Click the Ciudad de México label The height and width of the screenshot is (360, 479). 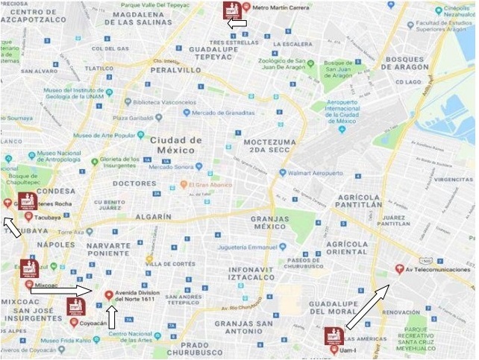click(x=176, y=145)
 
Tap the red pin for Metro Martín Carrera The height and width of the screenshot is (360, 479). click(x=246, y=8)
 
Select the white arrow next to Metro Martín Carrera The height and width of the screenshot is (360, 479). click(x=237, y=25)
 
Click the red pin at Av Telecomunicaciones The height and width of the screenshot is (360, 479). click(x=398, y=269)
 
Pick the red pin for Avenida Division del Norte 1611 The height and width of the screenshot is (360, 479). click(x=109, y=295)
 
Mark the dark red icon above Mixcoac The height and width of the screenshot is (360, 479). click(x=29, y=268)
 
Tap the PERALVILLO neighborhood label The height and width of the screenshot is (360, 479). click(x=176, y=69)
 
